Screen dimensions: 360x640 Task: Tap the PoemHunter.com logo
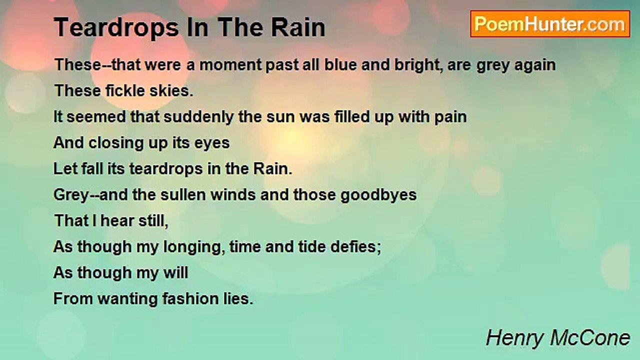[550, 24]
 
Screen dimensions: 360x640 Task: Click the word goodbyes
[378, 194]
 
